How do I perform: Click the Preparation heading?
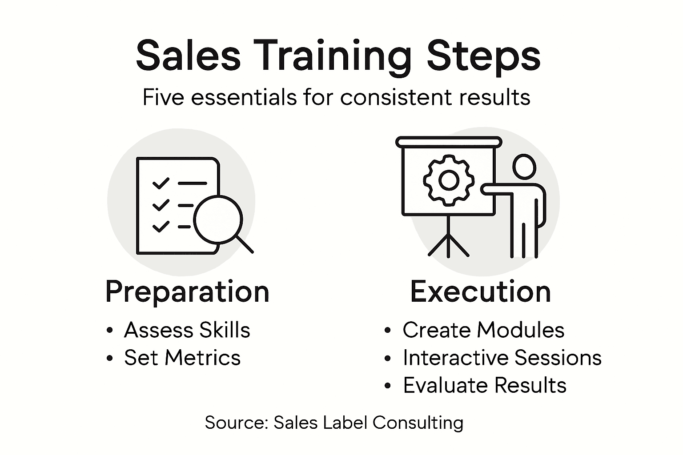click(x=187, y=292)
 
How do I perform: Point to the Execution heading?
click(x=480, y=292)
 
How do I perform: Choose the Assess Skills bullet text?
click(x=187, y=330)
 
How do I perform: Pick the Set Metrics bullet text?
click(x=182, y=358)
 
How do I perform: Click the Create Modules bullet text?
click(x=483, y=330)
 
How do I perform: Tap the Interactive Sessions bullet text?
click(x=502, y=358)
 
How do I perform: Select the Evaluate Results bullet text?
click(x=485, y=385)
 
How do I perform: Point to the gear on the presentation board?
click(x=448, y=180)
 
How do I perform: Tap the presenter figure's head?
click(x=525, y=167)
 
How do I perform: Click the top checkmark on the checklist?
click(x=161, y=183)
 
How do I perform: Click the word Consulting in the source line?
click(x=418, y=423)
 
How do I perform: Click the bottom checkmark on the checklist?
click(x=161, y=226)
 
